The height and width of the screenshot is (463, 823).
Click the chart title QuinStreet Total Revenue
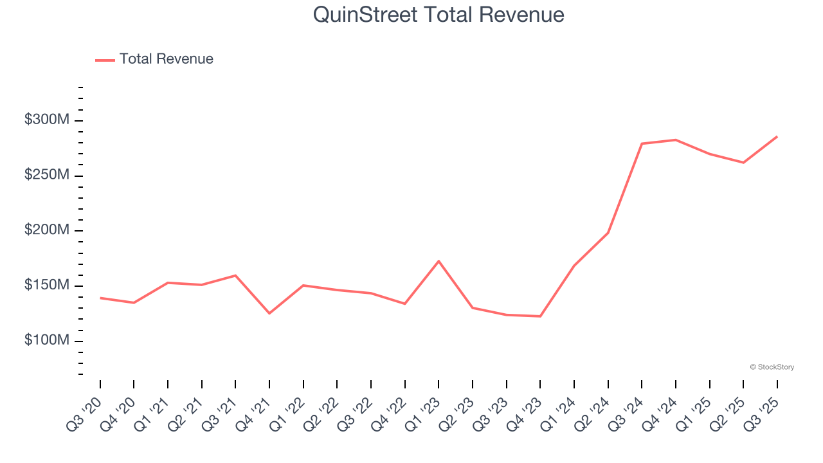tap(439, 15)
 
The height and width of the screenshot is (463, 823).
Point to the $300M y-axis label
tap(47, 120)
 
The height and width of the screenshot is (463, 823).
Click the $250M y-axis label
tap(47, 176)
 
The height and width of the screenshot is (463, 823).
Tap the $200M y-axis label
tap(47, 230)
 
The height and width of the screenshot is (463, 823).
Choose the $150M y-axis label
tap(47, 286)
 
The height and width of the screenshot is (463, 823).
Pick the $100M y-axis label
tap(47, 340)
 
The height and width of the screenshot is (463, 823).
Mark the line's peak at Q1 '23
tap(439, 261)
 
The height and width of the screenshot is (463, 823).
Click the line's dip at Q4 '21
tap(269, 313)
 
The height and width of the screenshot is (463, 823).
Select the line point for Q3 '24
tap(642, 143)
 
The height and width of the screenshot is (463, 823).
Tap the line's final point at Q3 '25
tap(777, 136)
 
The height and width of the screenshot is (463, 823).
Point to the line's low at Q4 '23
tap(540, 316)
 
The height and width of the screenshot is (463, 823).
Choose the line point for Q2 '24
tap(608, 233)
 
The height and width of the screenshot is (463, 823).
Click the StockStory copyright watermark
tap(772, 367)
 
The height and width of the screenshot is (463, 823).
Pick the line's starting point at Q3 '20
tap(100, 298)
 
